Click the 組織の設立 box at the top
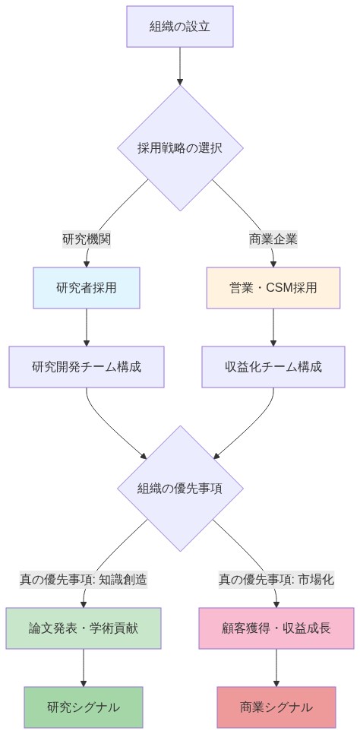(180, 27)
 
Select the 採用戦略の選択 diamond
(180, 148)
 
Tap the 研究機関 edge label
(87, 239)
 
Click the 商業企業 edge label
(273, 239)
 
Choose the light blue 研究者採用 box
(87, 288)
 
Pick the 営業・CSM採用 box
(273, 288)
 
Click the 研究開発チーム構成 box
(87, 367)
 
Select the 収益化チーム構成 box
(273, 367)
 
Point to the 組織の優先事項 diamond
(180, 489)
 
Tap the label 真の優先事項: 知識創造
(84, 580)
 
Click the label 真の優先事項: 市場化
(276, 580)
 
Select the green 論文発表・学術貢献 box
(84, 628)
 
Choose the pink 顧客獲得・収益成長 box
(276, 628)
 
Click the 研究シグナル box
(84, 707)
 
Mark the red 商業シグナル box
(276, 707)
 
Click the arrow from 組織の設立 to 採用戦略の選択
(180, 66)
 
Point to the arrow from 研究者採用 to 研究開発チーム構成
(87, 327)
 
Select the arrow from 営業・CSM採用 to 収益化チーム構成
(273, 327)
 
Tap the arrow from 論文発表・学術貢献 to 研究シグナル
(84, 668)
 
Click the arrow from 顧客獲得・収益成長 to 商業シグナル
(276, 668)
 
